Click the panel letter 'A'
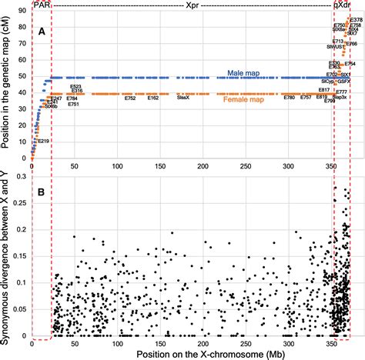[x=40, y=32]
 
